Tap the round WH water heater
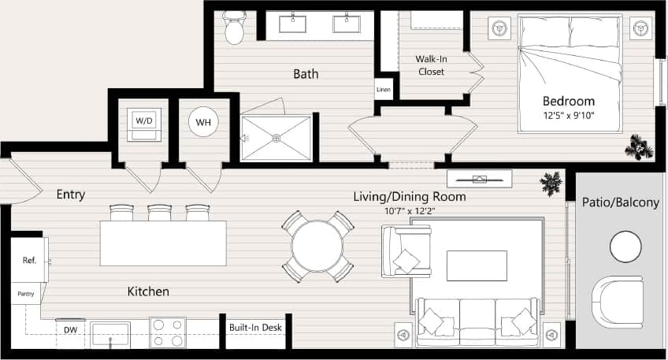click(x=203, y=123)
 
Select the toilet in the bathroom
click(x=234, y=29)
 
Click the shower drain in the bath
click(x=276, y=139)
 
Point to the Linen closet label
click(x=383, y=89)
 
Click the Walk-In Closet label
click(x=430, y=65)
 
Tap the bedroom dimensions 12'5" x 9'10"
click(x=568, y=116)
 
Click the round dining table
click(x=317, y=247)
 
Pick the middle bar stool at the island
click(x=160, y=213)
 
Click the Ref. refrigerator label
click(x=29, y=260)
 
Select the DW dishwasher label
click(x=70, y=330)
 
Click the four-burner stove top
click(x=168, y=332)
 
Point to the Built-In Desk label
click(x=255, y=327)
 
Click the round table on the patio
click(x=626, y=247)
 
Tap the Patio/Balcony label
click(x=620, y=202)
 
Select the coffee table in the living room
click(x=477, y=265)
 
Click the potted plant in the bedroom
click(x=637, y=147)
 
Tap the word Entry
click(x=71, y=195)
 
